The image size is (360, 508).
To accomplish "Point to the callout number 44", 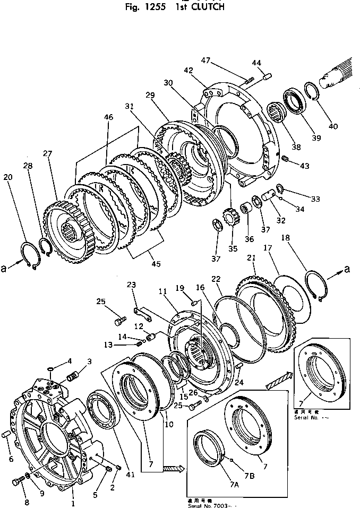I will coord(256,63).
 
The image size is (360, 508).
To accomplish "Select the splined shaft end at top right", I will coord(340,75).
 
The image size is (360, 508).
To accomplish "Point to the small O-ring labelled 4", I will coord(49,371).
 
